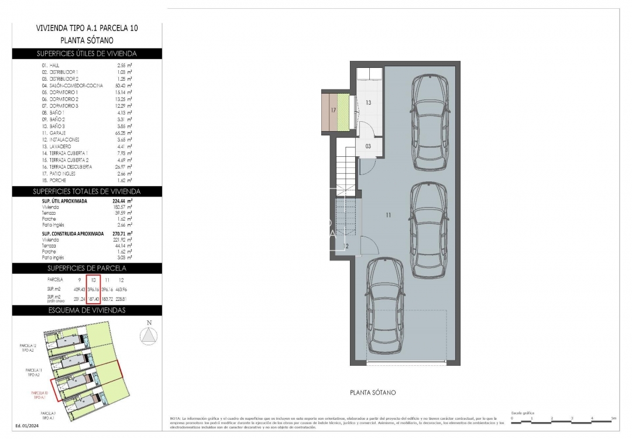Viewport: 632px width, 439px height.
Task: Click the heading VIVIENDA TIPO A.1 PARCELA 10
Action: pos(87,28)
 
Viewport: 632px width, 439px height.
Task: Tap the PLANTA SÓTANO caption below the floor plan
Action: pos(372,392)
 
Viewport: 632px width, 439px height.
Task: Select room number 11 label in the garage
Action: pos(388,215)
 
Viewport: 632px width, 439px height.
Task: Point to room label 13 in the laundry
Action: pos(368,102)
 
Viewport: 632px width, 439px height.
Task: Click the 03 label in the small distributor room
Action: pos(368,146)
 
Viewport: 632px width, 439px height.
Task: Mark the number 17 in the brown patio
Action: pos(332,110)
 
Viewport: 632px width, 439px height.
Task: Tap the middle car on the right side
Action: pos(428,229)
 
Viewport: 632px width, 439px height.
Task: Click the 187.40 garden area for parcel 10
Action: pos(93,299)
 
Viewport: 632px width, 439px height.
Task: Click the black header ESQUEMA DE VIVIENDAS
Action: pos(87,310)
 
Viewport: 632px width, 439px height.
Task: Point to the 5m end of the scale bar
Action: pos(613,419)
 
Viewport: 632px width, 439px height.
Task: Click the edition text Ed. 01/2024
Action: pos(27,426)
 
